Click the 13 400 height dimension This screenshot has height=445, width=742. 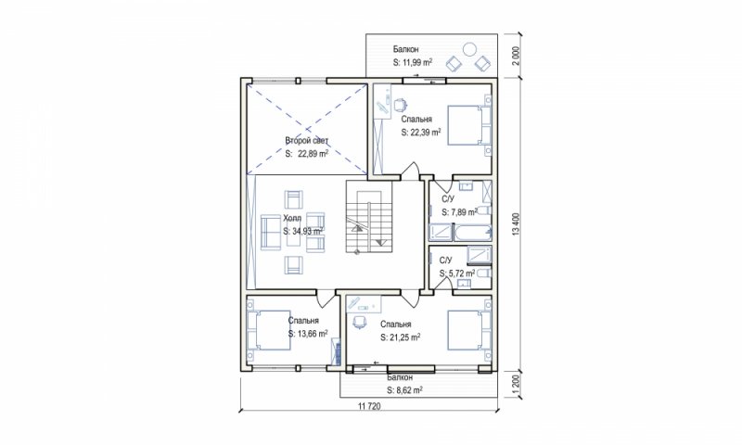point(517,224)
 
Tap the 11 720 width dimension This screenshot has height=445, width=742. point(369,406)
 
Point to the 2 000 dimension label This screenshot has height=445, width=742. point(517,56)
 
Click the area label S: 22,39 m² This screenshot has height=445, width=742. point(421,133)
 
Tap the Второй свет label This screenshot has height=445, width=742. point(306,140)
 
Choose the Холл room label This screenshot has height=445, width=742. point(292,218)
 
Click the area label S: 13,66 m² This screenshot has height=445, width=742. point(308,334)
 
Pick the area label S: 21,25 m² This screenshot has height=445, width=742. point(401,337)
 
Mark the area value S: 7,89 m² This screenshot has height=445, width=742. point(459,212)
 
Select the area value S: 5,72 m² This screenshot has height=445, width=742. point(456,273)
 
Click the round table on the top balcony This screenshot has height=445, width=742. point(470,49)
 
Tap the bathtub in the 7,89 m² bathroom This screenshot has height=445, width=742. point(473,233)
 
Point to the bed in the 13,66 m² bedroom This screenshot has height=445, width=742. point(268,330)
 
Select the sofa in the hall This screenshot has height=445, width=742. point(271,232)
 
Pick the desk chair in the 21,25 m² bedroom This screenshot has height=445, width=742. point(360,322)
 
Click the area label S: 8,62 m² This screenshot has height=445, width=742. point(404,390)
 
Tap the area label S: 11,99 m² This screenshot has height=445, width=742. point(413,62)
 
